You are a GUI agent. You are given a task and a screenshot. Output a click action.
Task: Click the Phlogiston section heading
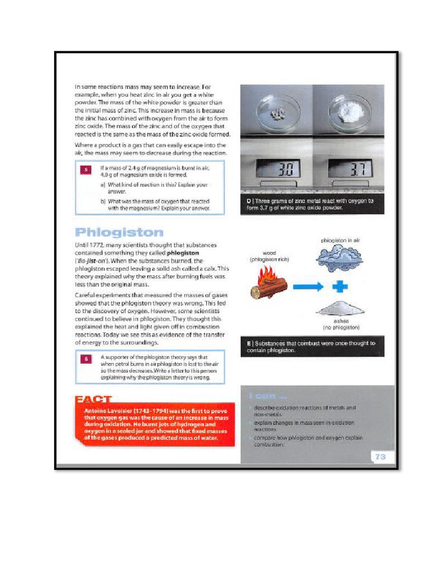tap(120, 232)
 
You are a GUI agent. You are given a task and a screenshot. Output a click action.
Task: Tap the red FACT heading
tap(93, 400)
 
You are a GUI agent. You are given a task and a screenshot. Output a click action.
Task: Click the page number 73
tap(380, 456)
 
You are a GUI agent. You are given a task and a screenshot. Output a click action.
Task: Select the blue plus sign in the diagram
tap(340, 286)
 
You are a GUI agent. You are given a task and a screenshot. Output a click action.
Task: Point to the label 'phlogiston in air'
tap(340, 240)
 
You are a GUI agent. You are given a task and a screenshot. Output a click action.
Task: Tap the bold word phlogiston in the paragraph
tap(184, 253)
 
